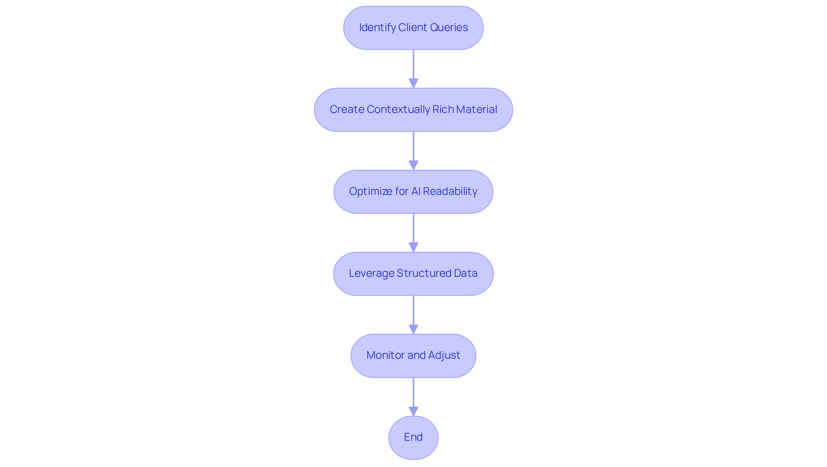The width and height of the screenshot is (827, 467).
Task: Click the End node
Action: (413, 437)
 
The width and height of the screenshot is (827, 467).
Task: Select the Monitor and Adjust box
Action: (413, 355)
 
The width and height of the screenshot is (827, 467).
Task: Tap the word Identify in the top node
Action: (377, 28)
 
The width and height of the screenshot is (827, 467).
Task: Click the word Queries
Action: (451, 28)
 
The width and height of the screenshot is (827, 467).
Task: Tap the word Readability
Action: (450, 191)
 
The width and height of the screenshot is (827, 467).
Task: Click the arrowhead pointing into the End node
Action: (413, 411)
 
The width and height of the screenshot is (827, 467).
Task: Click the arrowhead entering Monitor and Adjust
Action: (413, 329)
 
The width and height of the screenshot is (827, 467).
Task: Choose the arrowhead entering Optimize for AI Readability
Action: (413, 166)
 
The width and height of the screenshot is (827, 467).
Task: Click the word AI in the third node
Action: (416, 191)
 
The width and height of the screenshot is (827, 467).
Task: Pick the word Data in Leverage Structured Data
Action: (466, 273)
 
